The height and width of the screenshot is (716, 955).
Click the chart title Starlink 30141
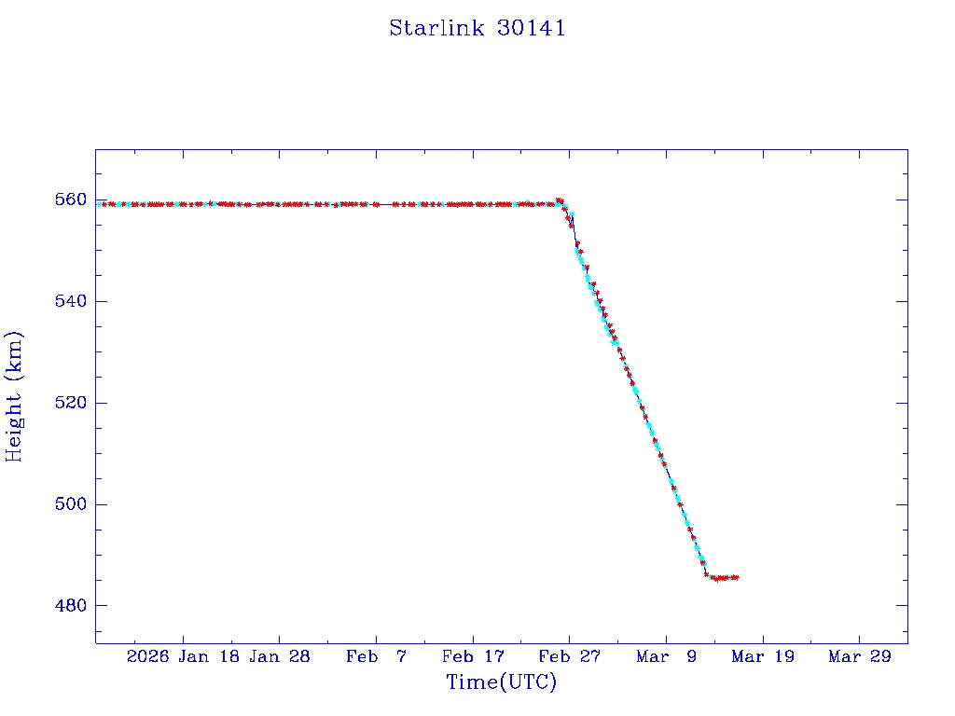(x=477, y=28)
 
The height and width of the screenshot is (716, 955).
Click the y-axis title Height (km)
(x=14, y=396)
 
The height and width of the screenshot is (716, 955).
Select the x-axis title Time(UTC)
(x=502, y=682)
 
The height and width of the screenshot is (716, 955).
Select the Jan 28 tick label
(x=280, y=657)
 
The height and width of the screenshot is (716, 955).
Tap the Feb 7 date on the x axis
(x=376, y=657)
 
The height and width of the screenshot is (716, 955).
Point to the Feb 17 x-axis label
(x=473, y=657)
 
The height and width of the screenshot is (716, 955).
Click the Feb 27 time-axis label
(x=569, y=657)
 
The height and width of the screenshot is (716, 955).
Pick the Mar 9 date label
(x=666, y=657)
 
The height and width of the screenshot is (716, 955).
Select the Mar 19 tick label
(x=763, y=657)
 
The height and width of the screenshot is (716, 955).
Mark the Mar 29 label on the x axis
(x=860, y=657)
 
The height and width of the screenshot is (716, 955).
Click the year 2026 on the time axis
(x=148, y=657)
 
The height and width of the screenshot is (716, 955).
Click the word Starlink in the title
(x=436, y=28)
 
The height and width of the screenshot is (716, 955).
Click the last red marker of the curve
(x=737, y=578)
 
